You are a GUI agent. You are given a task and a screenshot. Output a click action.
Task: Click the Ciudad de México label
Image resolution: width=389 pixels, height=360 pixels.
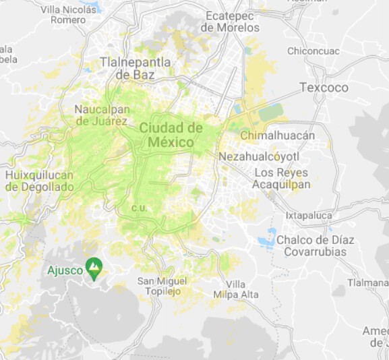tap(171, 135)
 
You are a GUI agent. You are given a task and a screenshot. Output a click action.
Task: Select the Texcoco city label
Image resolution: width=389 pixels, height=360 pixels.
tap(324, 88)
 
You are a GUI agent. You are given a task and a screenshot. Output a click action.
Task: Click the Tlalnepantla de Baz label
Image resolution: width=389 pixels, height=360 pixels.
tap(135, 68)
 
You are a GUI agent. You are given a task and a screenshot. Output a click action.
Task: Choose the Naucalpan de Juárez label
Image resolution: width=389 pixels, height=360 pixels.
tap(101, 115)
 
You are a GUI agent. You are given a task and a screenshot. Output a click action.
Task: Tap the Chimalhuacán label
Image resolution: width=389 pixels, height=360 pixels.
tap(277, 136)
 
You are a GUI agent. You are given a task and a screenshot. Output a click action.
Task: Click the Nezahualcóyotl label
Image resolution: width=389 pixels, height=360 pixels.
tap(259, 156)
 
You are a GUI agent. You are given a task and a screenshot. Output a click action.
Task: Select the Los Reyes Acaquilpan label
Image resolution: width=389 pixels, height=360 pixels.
tap(281, 178)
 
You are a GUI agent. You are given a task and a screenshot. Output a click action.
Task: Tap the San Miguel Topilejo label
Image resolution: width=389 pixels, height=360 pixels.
tap(160, 286)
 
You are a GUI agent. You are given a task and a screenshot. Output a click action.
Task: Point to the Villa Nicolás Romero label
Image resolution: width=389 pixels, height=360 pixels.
tap(68, 15)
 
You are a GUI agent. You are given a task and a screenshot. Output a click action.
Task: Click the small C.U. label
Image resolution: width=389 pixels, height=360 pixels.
tap(140, 207)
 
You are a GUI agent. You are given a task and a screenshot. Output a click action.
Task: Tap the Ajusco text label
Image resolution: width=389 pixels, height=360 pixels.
tap(65, 271)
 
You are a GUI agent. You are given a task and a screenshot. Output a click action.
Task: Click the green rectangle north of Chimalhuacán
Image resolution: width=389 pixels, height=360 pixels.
tap(271, 113)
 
